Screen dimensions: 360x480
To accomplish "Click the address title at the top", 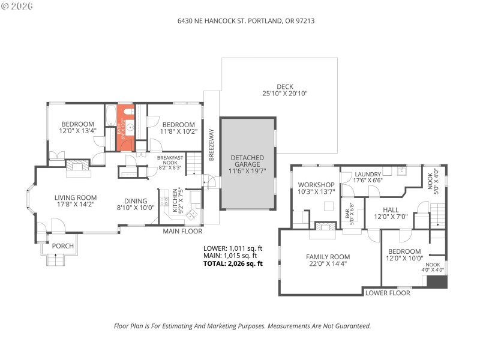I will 247,20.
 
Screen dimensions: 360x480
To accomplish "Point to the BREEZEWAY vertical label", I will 211,143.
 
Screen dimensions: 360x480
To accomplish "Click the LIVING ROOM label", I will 76,197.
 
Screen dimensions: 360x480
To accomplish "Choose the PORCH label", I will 62,246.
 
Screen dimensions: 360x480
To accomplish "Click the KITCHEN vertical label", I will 175,200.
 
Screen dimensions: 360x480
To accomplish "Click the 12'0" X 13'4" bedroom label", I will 77,127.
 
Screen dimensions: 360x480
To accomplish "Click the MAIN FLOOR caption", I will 182,231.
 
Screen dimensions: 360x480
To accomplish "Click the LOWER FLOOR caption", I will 388,293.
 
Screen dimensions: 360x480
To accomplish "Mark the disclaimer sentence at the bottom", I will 242,326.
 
